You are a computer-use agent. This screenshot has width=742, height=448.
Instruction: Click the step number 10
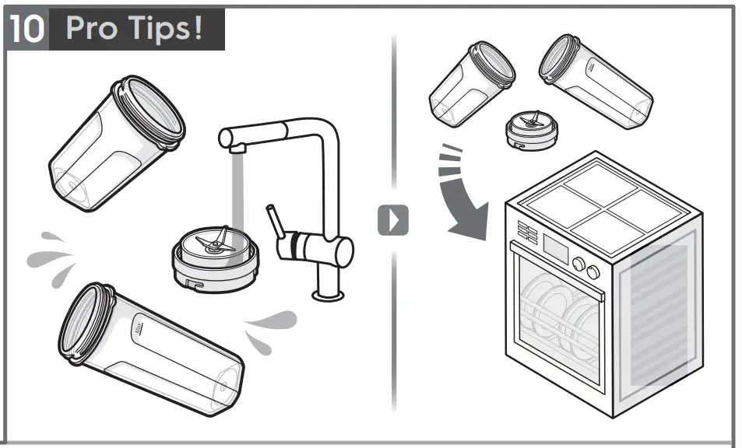29,29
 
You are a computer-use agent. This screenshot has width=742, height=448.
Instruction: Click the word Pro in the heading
91,29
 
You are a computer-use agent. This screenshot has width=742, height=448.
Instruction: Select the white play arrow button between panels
393,220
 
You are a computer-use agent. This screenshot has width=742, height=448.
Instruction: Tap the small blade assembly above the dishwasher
532,128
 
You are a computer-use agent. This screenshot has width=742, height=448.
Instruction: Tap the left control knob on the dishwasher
578,264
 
